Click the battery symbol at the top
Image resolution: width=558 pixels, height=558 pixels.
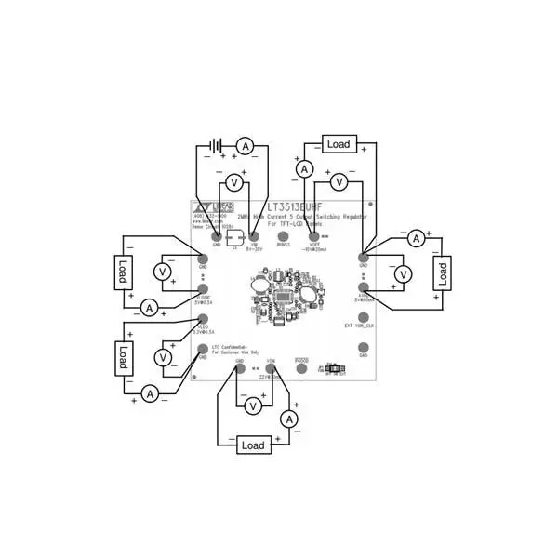pos(216,146)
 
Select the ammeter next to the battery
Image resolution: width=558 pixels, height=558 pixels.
pos(245,146)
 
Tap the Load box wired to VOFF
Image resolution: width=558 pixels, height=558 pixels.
pos(339,144)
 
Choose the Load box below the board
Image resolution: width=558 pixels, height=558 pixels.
pos(253,445)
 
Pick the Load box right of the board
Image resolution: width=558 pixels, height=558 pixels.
pos(444,272)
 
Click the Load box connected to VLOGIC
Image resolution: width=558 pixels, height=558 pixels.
pos(122,272)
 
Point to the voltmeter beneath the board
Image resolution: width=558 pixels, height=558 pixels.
pos(251,405)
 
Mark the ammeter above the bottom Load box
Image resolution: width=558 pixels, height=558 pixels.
pos(289,420)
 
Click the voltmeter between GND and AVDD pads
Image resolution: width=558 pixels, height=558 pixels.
pos(403,274)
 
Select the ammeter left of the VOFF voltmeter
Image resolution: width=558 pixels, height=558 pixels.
pos(303,169)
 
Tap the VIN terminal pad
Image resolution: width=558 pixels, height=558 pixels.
pos(254,238)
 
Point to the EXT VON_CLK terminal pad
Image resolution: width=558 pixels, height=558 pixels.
pos(364,316)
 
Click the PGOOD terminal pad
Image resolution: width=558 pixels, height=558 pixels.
pos(301,368)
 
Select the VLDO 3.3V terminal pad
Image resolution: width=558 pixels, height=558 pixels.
pos(204,320)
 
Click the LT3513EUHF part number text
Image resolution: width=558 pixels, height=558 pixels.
pos(296,209)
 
